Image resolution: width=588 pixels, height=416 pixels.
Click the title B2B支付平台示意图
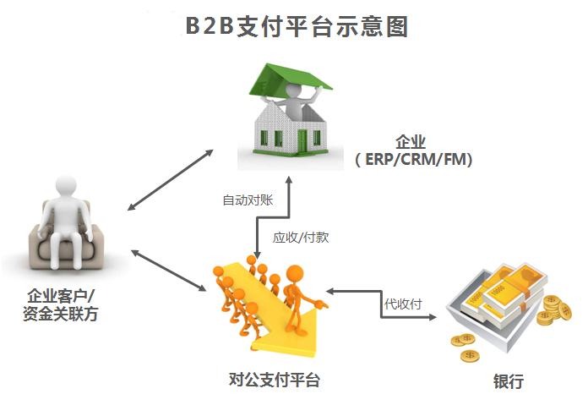pyautogui.click(x=297, y=26)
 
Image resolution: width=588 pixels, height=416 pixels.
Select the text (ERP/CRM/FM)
pyautogui.click(x=412, y=159)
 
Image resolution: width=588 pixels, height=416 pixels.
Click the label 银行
pyautogui.click(x=508, y=381)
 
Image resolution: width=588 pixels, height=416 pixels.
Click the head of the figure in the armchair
pyautogui.click(x=68, y=189)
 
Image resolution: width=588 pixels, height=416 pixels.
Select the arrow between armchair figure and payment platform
pyautogui.click(x=168, y=270)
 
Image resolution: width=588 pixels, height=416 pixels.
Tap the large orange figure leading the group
pyautogui.click(x=297, y=296)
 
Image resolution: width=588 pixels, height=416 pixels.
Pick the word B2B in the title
pyautogui.click(x=210, y=26)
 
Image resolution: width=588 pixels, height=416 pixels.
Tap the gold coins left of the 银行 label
pyautogui.click(x=465, y=346)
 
